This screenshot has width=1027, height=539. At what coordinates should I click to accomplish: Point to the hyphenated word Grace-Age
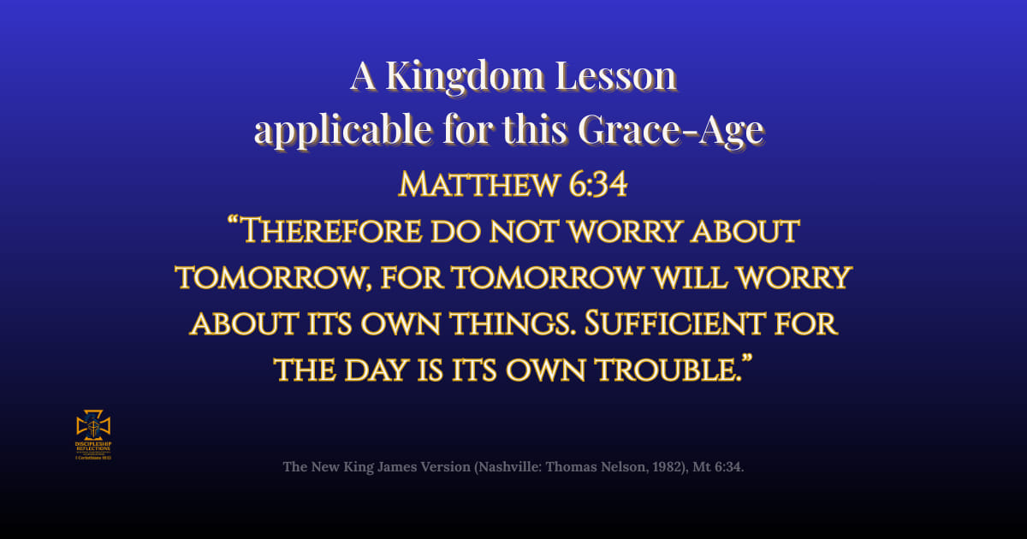pos(670,131)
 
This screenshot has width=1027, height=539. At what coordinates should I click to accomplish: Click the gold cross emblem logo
pos(94,426)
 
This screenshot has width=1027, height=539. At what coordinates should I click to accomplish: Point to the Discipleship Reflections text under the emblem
pos(94,447)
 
